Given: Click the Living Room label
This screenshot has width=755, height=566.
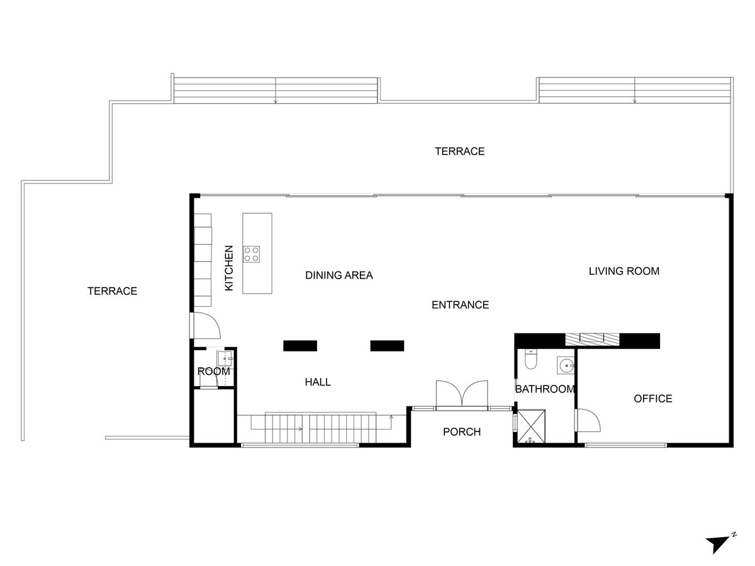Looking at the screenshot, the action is click(x=624, y=271).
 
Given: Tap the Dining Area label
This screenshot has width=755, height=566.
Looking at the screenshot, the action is click(x=338, y=275).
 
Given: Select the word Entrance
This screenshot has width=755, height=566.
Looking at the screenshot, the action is click(x=460, y=305).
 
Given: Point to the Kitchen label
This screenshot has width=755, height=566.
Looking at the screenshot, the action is click(x=229, y=268).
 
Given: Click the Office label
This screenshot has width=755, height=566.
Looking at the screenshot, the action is click(x=653, y=399).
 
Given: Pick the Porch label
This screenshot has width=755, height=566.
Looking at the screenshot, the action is click(x=462, y=432).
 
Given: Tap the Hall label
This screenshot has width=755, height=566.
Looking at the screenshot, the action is click(x=318, y=382).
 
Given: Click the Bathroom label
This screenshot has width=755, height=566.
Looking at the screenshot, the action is click(x=545, y=389).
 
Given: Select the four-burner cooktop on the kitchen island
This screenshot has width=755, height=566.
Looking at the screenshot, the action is click(x=252, y=254).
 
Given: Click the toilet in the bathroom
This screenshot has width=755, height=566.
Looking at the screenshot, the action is click(x=530, y=360).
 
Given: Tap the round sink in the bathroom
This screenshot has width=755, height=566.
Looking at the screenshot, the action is click(x=566, y=365).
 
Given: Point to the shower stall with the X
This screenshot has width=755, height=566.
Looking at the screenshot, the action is click(x=532, y=426).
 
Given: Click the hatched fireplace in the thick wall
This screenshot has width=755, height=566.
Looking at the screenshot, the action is click(x=593, y=340).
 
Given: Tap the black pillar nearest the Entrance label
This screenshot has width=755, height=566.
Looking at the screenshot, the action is click(x=387, y=346).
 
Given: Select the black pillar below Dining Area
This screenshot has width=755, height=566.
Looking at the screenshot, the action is click(x=300, y=346).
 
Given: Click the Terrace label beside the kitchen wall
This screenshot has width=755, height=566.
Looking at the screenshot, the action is click(x=112, y=291).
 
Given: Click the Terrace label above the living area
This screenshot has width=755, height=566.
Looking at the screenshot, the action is click(x=459, y=152).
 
